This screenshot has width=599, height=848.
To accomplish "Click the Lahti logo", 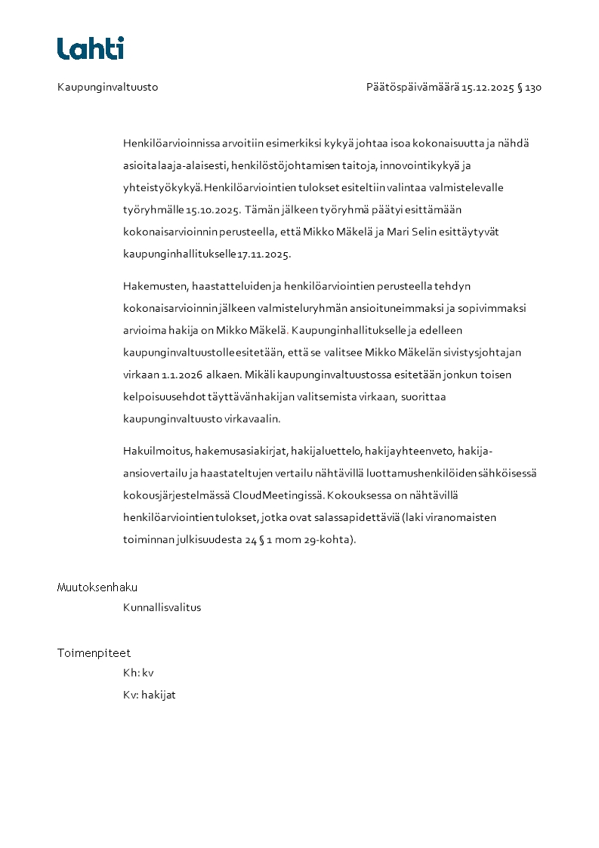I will [x=91, y=48].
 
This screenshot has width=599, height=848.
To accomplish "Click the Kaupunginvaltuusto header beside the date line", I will [x=107, y=88].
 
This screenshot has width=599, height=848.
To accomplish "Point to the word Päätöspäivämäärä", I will [x=412, y=88].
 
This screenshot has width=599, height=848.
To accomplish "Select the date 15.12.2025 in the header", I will [x=488, y=88].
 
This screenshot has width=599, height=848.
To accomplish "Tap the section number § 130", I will [x=530, y=88].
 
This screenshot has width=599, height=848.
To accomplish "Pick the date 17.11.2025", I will [x=264, y=254].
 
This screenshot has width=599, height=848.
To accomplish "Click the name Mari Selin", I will [x=413, y=232].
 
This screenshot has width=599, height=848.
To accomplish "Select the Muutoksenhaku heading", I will [x=97, y=587].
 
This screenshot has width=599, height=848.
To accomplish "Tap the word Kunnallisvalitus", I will [x=162, y=607].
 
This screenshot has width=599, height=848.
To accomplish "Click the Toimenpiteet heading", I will [x=94, y=653].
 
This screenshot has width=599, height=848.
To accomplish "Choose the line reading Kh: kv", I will [x=138, y=673].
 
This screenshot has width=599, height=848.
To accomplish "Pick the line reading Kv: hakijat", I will [x=149, y=695].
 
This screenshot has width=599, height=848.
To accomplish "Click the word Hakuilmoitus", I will [x=157, y=452].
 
